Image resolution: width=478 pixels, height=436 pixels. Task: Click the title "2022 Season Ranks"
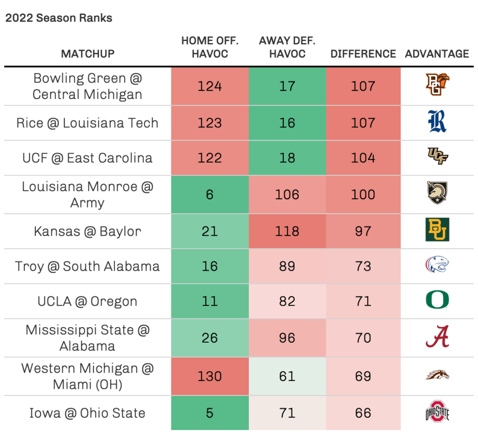59,18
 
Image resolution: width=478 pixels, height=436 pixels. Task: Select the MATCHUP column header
88,54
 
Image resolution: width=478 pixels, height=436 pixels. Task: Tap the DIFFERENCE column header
363,54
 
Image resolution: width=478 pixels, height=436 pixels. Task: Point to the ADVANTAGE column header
437,54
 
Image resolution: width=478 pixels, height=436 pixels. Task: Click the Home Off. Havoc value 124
210,86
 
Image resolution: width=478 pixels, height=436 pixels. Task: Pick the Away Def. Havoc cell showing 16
287,123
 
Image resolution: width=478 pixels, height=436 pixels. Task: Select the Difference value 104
363,158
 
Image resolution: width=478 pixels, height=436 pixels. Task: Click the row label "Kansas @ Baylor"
88,231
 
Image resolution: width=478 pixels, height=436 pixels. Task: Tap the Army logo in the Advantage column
437,193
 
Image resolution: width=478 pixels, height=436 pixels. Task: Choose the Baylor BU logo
437,230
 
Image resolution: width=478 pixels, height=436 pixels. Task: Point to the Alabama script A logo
437,337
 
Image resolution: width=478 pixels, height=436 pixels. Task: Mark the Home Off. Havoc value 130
210,376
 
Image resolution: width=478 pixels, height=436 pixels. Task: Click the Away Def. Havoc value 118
287,231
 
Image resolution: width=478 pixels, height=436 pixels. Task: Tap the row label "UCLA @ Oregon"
88,301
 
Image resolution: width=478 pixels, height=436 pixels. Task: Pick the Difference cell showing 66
363,413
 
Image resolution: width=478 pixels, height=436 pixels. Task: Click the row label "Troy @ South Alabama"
88,266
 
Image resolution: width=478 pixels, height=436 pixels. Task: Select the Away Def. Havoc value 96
287,338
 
